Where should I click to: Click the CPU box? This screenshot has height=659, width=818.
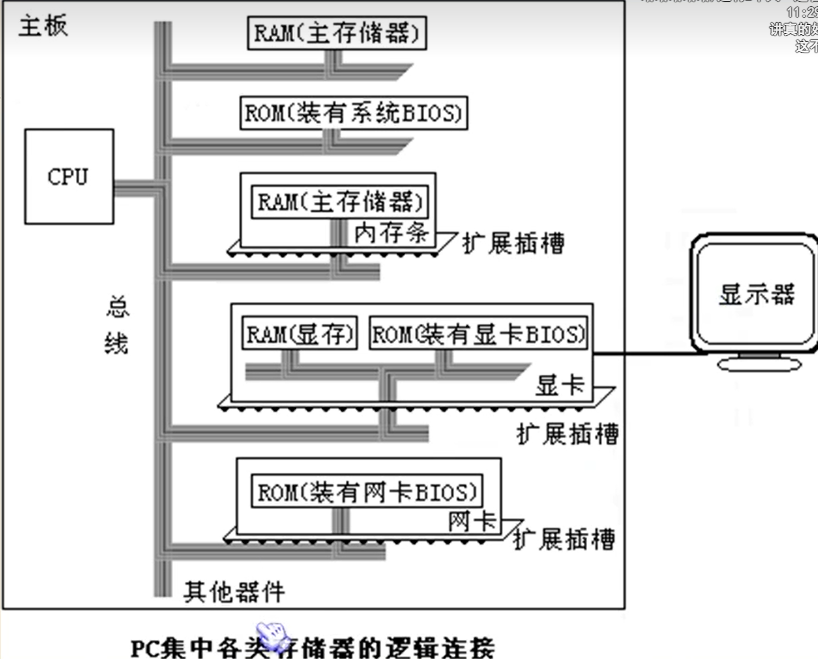point(69,177)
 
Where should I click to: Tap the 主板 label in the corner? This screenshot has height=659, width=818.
point(43,26)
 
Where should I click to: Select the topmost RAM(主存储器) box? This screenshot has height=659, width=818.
point(337,33)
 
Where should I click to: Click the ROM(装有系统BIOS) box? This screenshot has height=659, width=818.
point(354,113)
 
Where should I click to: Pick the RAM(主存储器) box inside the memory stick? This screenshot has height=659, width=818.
point(339,202)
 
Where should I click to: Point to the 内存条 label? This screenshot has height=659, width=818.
point(391,233)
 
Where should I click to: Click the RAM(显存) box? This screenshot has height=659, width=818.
point(300,333)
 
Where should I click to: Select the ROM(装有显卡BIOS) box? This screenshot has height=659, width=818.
point(478,333)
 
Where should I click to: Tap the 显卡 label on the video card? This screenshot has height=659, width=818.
point(559,386)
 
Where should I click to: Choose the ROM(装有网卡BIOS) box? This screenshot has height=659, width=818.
point(367,491)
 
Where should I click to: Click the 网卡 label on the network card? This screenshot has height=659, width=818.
point(472,521)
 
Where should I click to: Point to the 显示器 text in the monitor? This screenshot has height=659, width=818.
point(756,294)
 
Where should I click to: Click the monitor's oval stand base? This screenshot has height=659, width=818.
point(759,364)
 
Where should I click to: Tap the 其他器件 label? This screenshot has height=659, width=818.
point(234,592)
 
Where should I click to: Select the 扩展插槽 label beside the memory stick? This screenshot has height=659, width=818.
point(513,243)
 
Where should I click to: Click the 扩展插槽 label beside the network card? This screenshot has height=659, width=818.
point(564,539)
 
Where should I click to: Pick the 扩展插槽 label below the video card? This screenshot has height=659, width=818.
point(567,434)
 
